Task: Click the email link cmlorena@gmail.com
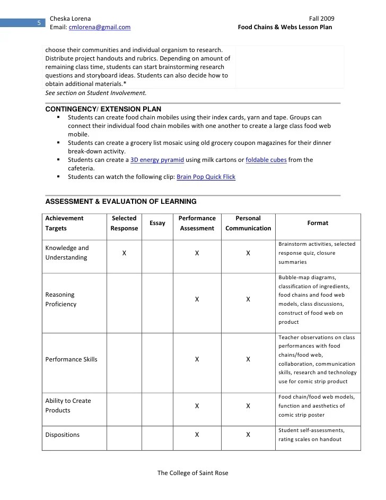100,27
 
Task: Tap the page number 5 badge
39,23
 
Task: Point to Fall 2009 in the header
321,19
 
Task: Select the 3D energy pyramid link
157,160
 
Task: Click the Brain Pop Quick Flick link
206,177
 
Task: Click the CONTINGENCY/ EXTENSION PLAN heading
103,109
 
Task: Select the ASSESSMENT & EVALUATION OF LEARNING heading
121,202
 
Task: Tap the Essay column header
157,223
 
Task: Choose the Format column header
318,223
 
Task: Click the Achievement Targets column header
64,223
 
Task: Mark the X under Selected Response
124,253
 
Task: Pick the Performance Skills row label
72,359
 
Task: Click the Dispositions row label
63,435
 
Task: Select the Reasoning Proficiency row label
61,299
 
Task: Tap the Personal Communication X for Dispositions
248,435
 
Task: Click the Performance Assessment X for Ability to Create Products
197,406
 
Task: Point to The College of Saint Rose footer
193,473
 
